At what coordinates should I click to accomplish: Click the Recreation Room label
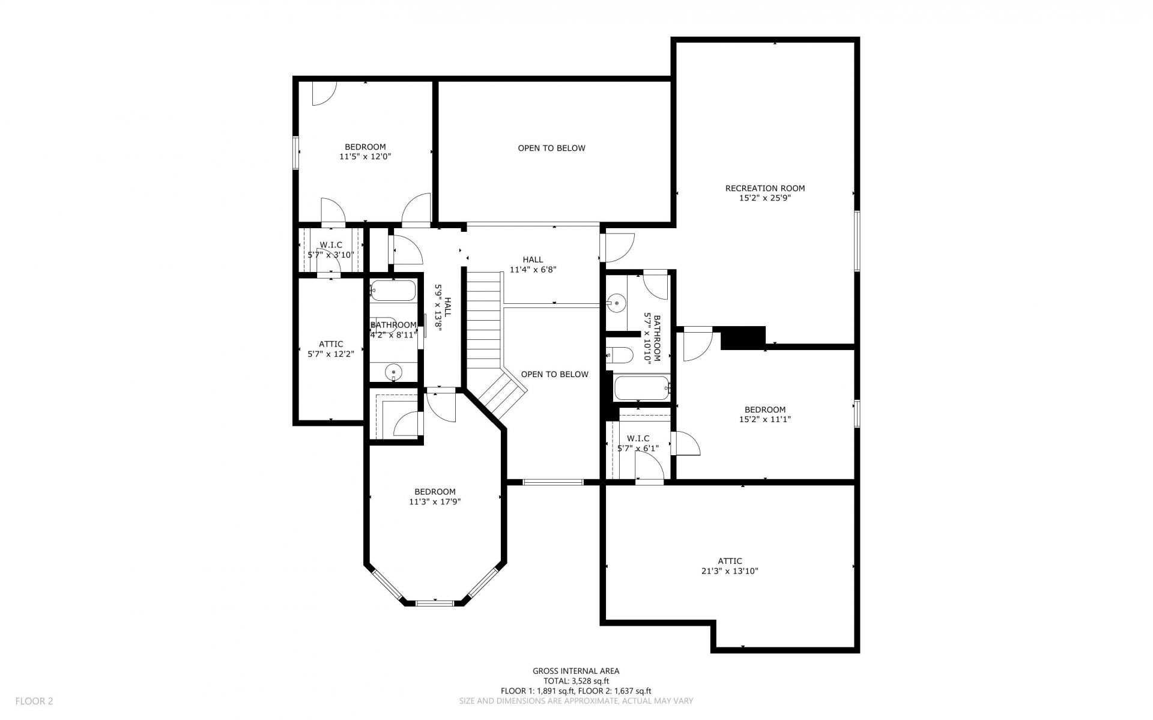point(764,188)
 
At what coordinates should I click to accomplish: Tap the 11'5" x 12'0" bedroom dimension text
point(366,157)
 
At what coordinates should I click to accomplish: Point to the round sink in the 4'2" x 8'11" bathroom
point(393,372)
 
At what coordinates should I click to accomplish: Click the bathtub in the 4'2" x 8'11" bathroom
point(393,291)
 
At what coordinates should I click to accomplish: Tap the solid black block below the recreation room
point(743,337)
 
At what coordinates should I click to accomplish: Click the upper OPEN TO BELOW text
point(551,148)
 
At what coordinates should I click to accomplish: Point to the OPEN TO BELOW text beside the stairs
point(554,374)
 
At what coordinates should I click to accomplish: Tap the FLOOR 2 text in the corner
point(34,701)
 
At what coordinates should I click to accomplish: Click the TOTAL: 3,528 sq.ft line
point(576,681)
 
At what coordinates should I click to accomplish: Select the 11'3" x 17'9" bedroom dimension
point(435,502)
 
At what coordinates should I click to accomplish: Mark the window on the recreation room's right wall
point(857,240)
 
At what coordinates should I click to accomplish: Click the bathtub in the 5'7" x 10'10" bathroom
point(641,389)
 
